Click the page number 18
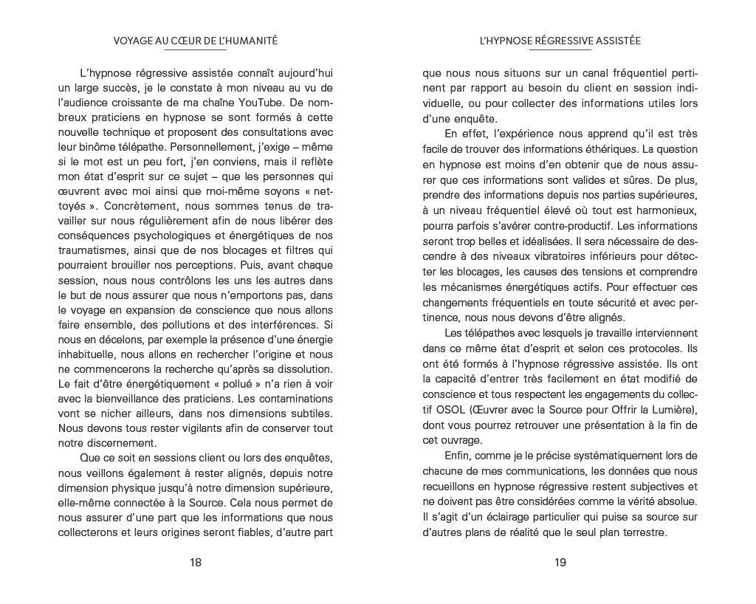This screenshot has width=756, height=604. click(x=196, y=563)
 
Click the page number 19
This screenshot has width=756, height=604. click(x=560, y=563)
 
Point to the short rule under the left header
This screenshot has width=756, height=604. click(x=196, y=51)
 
